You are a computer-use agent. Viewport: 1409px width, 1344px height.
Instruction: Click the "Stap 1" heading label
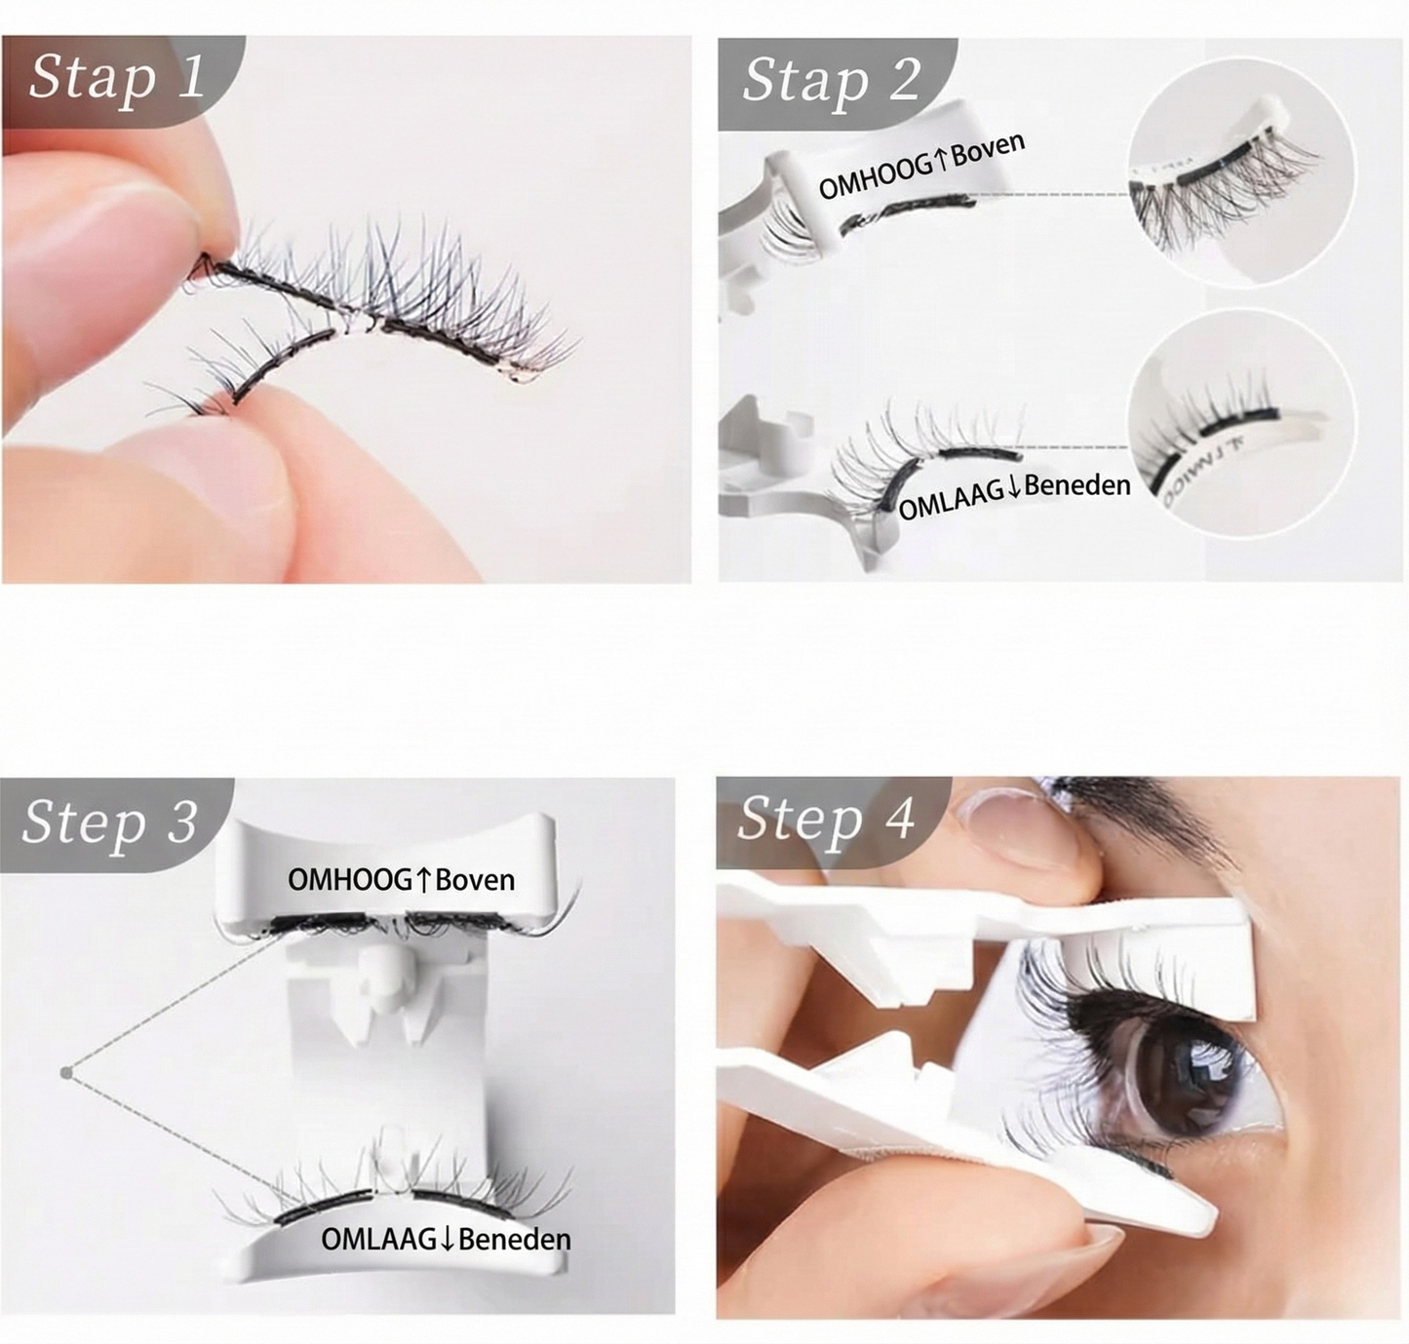117,77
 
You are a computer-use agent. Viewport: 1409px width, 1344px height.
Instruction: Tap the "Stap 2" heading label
831,80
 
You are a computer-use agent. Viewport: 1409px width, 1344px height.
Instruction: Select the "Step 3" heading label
109,821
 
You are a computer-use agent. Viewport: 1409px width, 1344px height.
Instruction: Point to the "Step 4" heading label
825,818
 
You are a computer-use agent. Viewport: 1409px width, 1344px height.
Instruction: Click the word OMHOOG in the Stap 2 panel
875,176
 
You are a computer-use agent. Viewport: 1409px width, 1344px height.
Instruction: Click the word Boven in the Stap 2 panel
989,150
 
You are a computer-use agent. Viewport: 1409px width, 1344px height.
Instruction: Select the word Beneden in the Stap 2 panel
1077,484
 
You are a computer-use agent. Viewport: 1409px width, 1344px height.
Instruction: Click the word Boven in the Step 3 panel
475,880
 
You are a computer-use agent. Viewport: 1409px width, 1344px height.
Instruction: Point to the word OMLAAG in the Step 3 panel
378,1240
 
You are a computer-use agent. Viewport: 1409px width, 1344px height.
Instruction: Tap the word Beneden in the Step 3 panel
514,1240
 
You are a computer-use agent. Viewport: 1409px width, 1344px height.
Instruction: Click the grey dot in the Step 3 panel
66,1073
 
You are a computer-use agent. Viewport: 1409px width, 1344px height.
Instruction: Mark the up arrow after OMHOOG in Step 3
423,880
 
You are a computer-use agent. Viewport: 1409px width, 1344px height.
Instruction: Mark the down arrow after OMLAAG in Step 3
448,1240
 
